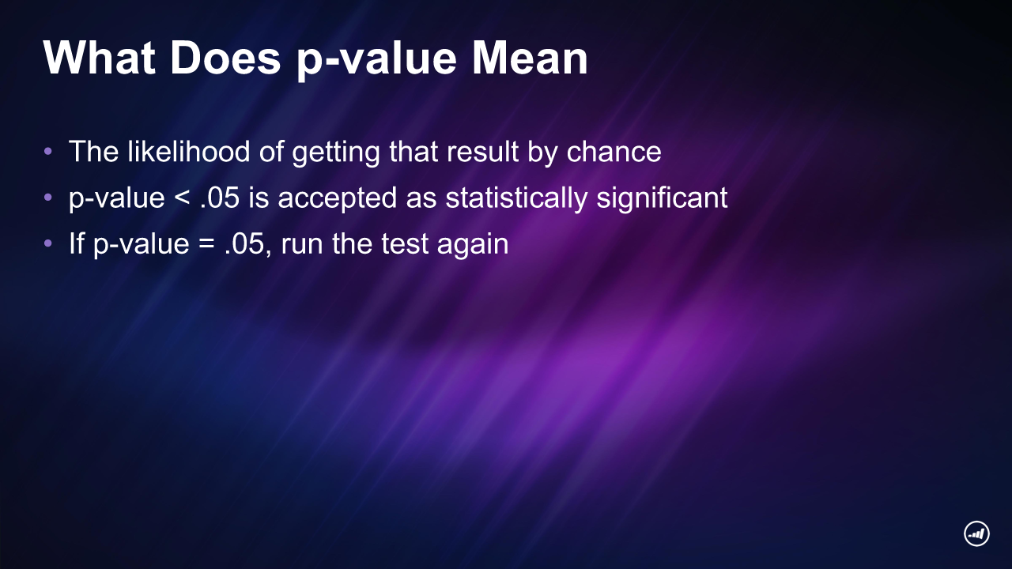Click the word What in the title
pyautogui.click(x=100, y=58)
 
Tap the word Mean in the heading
pyautogui.click(x=530, y=58)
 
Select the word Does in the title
pyautogui.click(x=225, y=58)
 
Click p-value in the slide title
pyautogui.click(x=376, y=61)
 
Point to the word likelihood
pyautogui.click(x=188, y=151)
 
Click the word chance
pyautogui.click(x=614, y=151)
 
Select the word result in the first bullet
pyautogui.click(x=482, y=151)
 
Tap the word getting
pyautogui.click(x=336, y=153)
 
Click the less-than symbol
pyautogui.click(x=182, y=198)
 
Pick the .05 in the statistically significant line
pyautogui.click(x=220, y=198)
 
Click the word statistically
pyautogui.click(x=516, y=198)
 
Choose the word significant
pyautogui.click(x=662, y=198)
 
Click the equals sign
pyautogui.click(x=206, y=244)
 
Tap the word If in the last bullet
pyautogui.click(x=77, y=243)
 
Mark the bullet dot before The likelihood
pyautogui.click(x=48, y=151)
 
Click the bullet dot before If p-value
pyautogui.click(x=48, y=244)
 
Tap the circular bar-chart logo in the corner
pyautogui.click(x=976, y=533)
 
